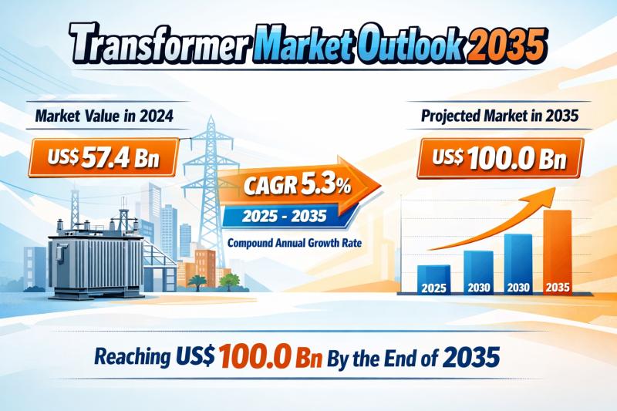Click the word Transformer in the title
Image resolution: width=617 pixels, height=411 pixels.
pyautogui.click(x=160, y=44)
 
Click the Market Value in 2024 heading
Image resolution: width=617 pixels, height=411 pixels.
pyautogui.click(x=104, y=116)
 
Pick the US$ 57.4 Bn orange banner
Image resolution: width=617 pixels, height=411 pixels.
pyautogui.click(x=103, y=157)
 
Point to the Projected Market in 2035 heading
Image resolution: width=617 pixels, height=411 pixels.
pyautogui.click(x=500, y=115)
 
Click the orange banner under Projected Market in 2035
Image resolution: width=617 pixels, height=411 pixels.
pyautogui.click(x=500, y=158)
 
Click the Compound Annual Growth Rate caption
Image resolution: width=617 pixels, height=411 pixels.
pyautogui.click(x=295, y=243)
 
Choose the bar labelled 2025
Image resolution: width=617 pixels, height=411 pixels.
pyautogui.click(x=433, y=280)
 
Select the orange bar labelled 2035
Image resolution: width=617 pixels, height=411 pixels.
pyautogui.click(x=558, y=252)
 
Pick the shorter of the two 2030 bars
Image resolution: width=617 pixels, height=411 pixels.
pyautogui.click(x=478, y=272)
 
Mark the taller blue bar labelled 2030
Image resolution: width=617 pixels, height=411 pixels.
pyautogui.click(x=518, y=264)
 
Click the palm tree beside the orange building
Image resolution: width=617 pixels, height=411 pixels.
pyautogui.click(x=197, y=282)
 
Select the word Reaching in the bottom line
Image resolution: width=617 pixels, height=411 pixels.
pyautogui.click(x=133, y=356)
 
